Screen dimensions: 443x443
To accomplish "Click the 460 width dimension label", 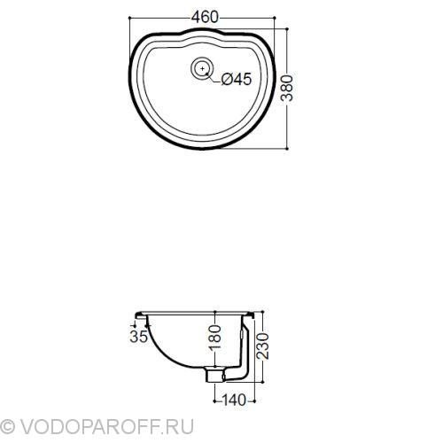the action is click(x=205, y=17).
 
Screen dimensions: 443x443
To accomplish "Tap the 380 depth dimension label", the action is click(x=287, y=89).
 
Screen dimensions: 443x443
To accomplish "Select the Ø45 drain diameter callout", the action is click(x=237, y=79).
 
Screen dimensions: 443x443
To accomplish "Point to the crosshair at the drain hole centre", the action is click(x=202, y=68).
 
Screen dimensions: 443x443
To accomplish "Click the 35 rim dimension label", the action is click(x=138, y=337).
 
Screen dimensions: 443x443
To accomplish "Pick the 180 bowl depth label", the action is click(x=214, y=338).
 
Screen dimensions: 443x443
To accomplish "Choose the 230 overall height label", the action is click(x=262, y=346).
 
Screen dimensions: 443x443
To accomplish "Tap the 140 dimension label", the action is click(x=234, y=400).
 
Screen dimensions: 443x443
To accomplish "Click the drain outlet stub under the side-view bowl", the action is click(x=214, y=375).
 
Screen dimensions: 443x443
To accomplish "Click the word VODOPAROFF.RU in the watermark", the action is click(x=106, y=426).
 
